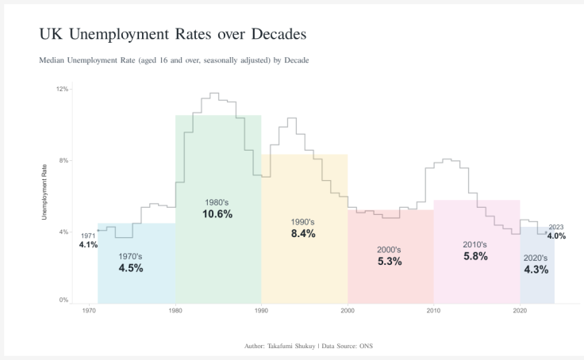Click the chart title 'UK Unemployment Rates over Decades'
pyautogui.click(x=172, y=35)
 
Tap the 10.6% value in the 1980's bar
pyautogui.click(x=217, y=214)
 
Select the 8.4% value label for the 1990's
pyautogui.click(x=303, y=234)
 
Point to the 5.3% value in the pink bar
pyautogui.click(x=390, y=262)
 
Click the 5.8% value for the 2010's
pyautogui.click(x=475, y=256)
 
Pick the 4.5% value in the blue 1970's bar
pyautogui.click(x=131, y=268)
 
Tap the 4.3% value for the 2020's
pyautogui.click(x=536, y=270)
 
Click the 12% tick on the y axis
pyautogui.click(x=62, y=89)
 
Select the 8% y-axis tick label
pyautogui.click(x=63, y=161)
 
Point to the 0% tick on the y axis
pyautogui.click(x=63, y=301)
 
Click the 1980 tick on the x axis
pyautogui.click(x=175, y=311)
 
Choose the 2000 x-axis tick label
pyautogui.click(x=348, y=311)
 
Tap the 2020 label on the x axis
pyautogui.click(x=520, y=311)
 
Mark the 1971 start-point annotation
pyautogui.click(x=88, y=236)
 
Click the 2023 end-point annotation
pyautogui.click(x=555, y=227)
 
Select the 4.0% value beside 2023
pyautogui.click(x=556, y=236)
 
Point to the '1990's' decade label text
pyautogui.click(x=303, y=222)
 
